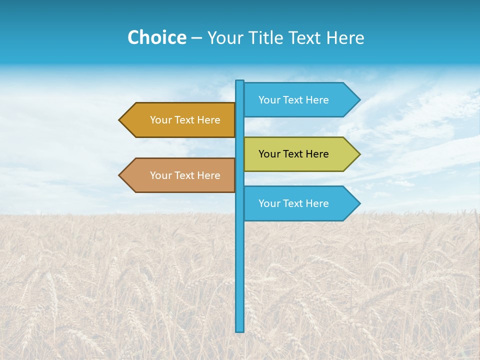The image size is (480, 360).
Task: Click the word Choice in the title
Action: click(x=156, y=38)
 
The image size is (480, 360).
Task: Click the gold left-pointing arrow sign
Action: click(x=177, y=120)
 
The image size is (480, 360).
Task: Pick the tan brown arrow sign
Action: click(x=177, y=175)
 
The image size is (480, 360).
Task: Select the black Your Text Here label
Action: click(x=293, y=154)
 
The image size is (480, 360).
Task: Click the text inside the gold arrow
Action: click(x=185, y=120)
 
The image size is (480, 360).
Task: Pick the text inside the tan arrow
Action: click(x=185, y=175)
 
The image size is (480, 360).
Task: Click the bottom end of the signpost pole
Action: click(x=240, y=329)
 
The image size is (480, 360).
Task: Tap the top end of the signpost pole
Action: click(x=240, y=82)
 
